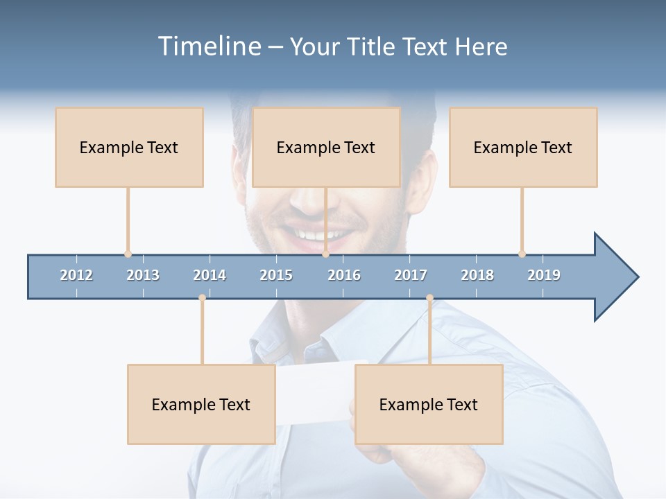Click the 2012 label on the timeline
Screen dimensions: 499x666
coord(76,275)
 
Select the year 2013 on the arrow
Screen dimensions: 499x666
coord(143,275)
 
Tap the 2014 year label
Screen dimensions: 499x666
coord(210,275)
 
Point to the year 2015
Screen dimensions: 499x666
coord(276,275)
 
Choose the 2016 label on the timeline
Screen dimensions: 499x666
coord(344,275)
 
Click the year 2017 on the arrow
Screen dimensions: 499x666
coord(411,275)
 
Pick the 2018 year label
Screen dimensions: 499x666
coord(477,275)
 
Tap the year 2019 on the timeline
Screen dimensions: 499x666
coord(544,275)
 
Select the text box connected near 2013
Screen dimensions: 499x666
coord(129,147)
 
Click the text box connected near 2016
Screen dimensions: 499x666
coord(326,147)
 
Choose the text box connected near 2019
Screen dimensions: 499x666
coord(523,147)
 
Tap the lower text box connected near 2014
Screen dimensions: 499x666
coord(201,404)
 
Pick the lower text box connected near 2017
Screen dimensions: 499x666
coord(429,404)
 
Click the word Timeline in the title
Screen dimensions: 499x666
coord(208,46)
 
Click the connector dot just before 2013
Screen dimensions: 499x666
coord(128,254)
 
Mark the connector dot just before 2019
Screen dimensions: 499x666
coord(522,254)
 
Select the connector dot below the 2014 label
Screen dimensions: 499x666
coord(202,298)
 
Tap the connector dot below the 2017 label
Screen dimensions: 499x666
coord(429,298)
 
